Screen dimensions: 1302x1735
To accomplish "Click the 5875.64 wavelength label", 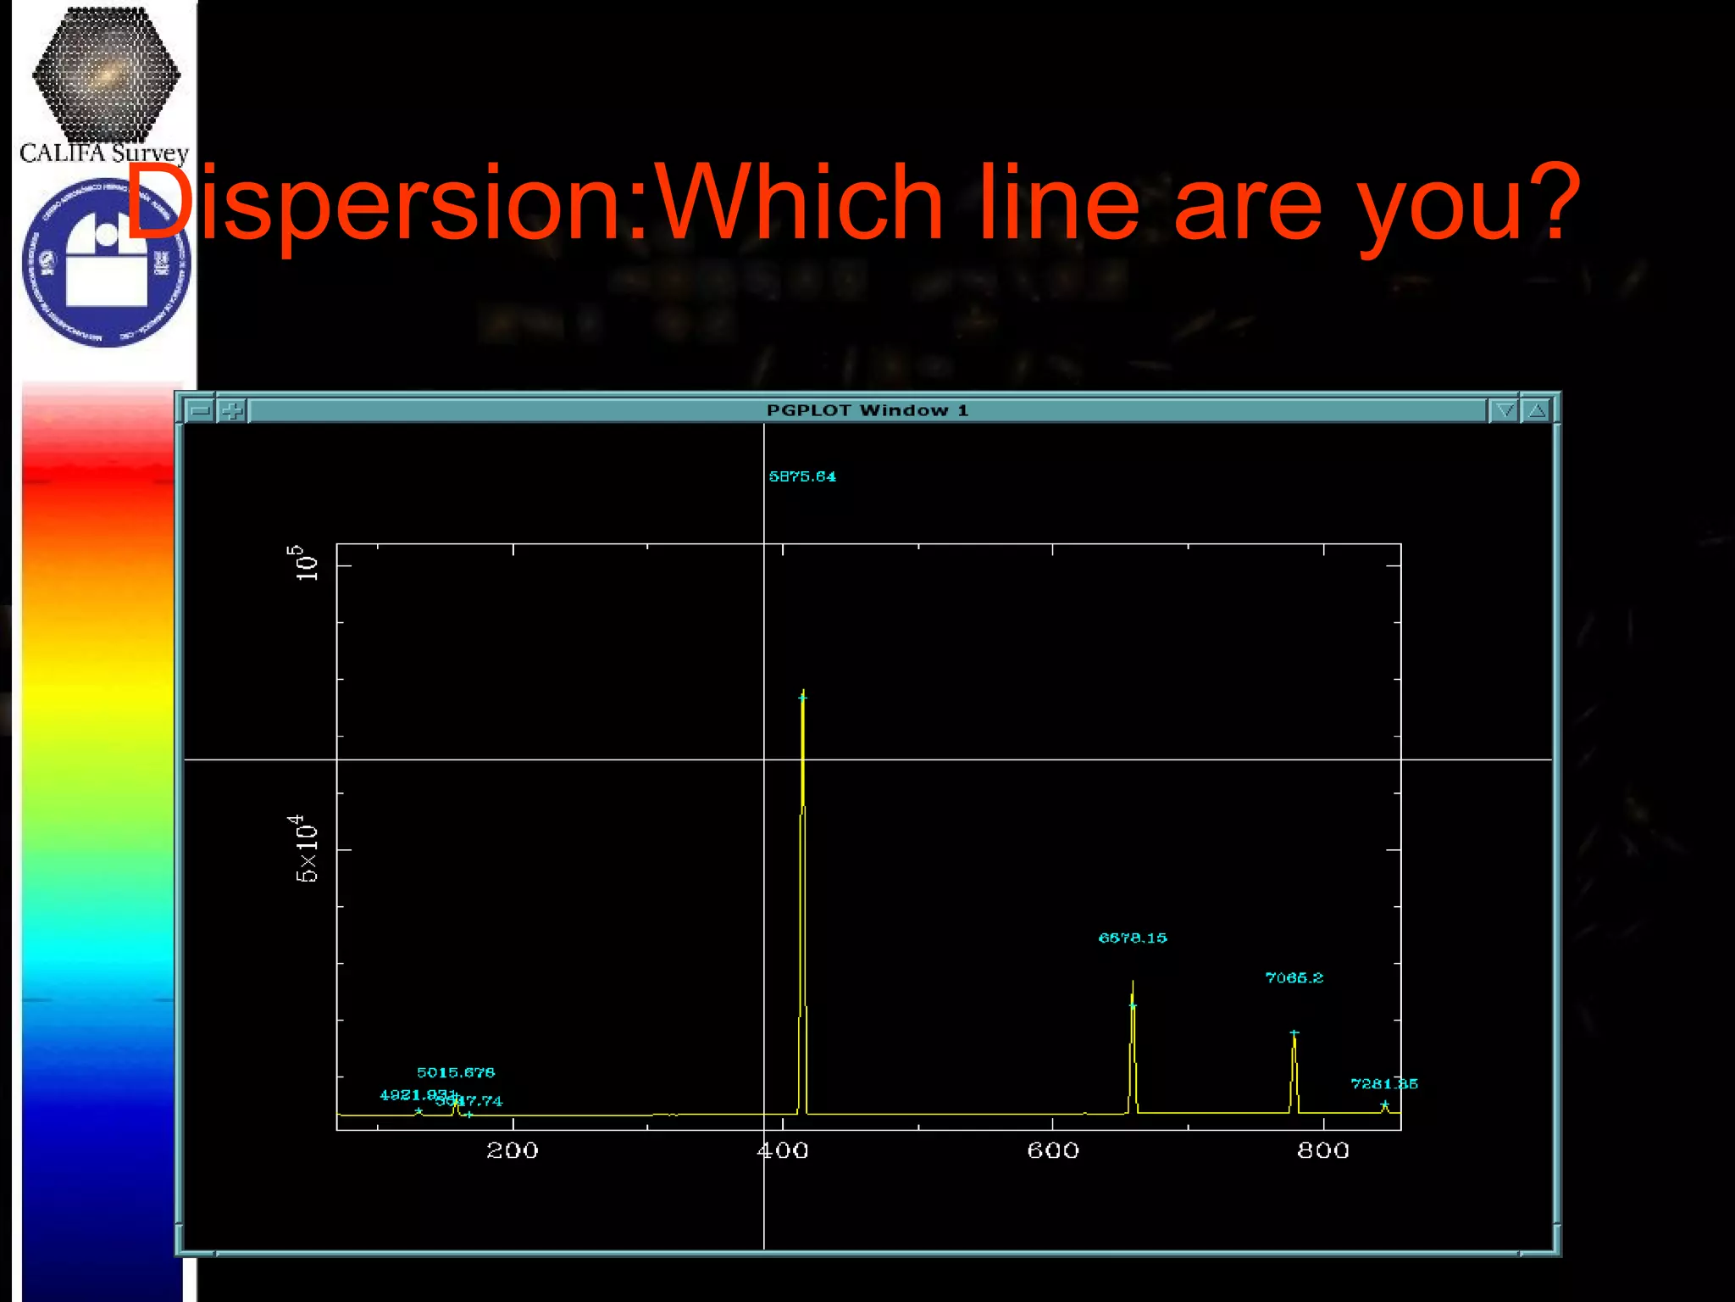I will pos(802,476).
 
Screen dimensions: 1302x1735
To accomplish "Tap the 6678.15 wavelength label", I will pos(1133,938).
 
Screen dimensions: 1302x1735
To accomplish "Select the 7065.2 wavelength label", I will pos(1294,977).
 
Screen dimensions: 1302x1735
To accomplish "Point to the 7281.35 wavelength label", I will pos(1383,1083).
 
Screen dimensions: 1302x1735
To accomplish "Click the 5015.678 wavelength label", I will pos(456,1072).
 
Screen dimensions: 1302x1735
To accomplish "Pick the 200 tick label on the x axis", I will pos(512,1150).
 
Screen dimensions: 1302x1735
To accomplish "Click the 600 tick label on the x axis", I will pos(1053,1150).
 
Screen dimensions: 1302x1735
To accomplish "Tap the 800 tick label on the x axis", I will pos(1323,1150).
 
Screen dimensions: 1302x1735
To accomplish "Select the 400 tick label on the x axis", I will pos(783,1150).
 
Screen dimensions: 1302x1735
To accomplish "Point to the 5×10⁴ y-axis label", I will pos(306,849).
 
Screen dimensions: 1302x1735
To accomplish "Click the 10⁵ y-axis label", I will pos(306,563).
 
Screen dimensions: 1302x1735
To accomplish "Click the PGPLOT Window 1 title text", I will pos(867,410).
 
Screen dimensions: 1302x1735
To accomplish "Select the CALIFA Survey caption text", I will pos(104,153).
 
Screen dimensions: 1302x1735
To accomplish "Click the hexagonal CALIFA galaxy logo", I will pos(106,75).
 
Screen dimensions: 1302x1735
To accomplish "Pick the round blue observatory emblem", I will pos(106,263).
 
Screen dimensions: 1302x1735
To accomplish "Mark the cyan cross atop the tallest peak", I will pos(802,698).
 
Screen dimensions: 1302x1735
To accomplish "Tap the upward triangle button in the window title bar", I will pos(1537,411).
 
